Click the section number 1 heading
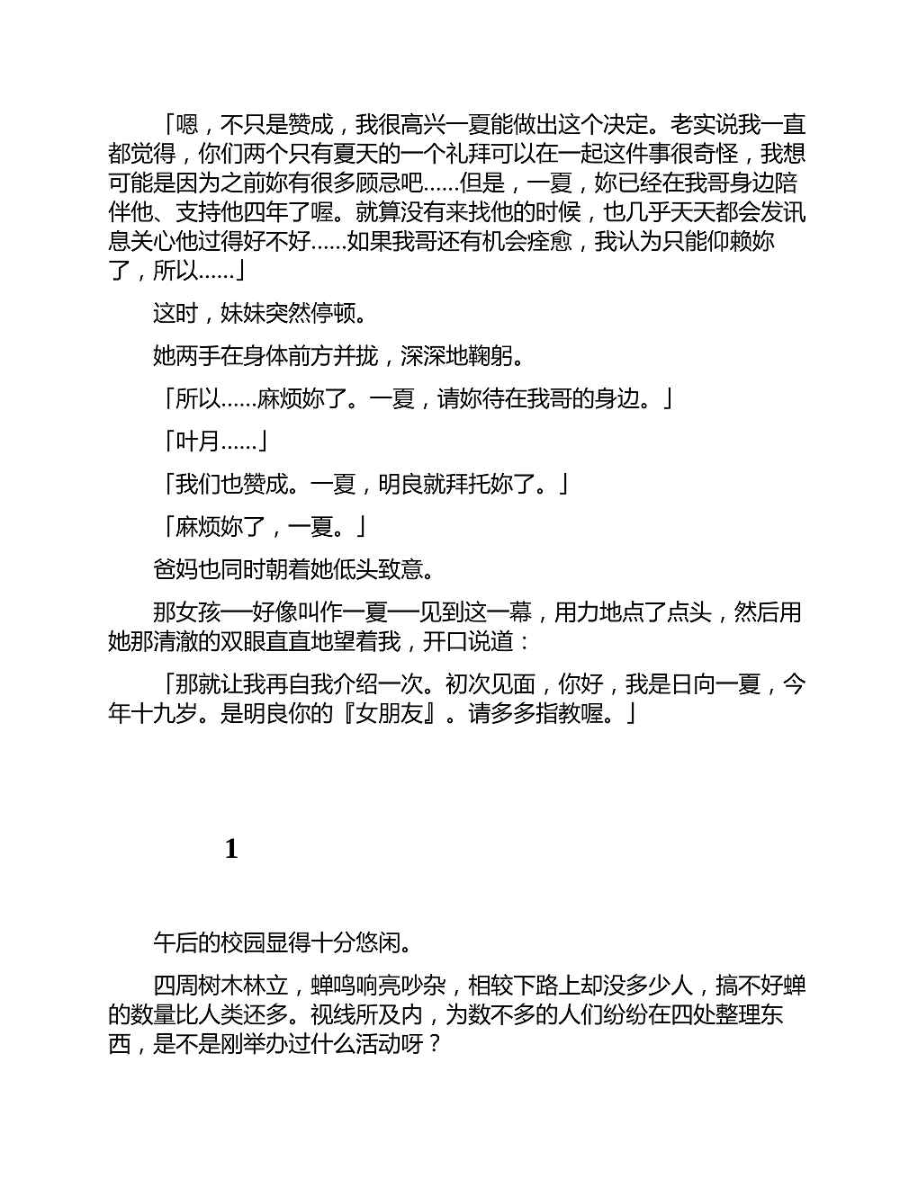(231, 849)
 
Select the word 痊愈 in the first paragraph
(552, 241)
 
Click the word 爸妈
(175, 569)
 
